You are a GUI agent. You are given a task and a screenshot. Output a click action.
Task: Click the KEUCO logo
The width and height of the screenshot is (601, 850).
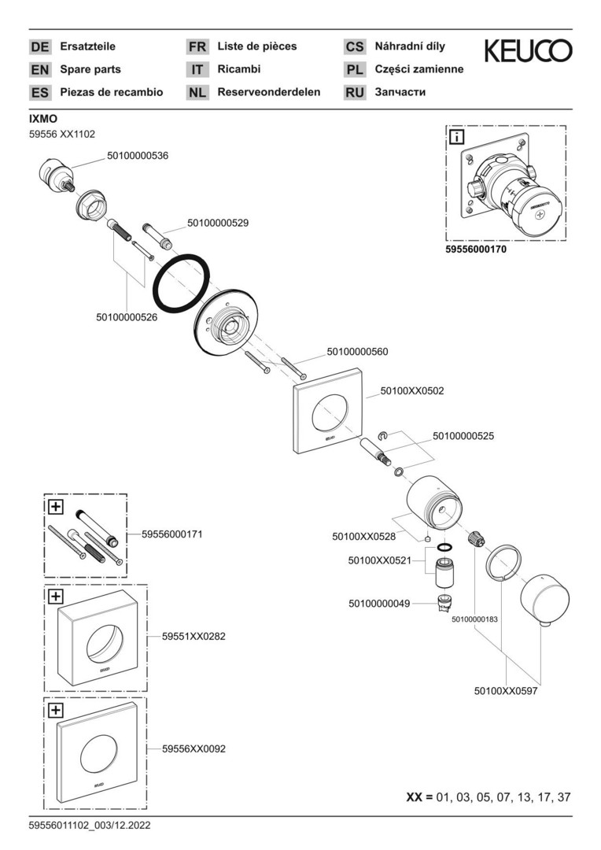[528, 52]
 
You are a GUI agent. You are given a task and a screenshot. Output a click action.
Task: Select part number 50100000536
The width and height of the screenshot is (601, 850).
[138, 156]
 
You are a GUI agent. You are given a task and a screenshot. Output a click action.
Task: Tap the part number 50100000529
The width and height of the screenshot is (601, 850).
[218, 224]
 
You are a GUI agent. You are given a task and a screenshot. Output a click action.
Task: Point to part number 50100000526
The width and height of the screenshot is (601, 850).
[127, 317]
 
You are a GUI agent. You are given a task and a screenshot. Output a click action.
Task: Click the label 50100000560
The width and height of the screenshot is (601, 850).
[357, 352]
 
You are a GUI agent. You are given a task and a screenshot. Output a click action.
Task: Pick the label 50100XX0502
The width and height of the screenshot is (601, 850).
[412, 390]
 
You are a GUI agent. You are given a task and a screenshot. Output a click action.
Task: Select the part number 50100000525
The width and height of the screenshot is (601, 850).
[463, 435]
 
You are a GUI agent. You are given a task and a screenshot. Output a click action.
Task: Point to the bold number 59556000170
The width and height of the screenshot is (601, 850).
[477, 249]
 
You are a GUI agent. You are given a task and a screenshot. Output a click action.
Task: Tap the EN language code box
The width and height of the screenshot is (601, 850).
[39, 69]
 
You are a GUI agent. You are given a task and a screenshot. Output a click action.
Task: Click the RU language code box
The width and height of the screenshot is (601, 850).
[355, 92]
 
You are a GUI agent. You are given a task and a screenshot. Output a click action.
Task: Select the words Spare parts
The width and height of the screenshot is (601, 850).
[90, 69]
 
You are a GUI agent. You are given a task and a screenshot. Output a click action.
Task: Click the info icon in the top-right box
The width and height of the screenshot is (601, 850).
[456, 138]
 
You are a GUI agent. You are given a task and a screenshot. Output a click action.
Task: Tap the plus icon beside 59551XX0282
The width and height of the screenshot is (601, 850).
[56, 597]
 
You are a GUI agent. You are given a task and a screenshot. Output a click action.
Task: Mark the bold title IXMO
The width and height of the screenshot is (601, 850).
[43, 119]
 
